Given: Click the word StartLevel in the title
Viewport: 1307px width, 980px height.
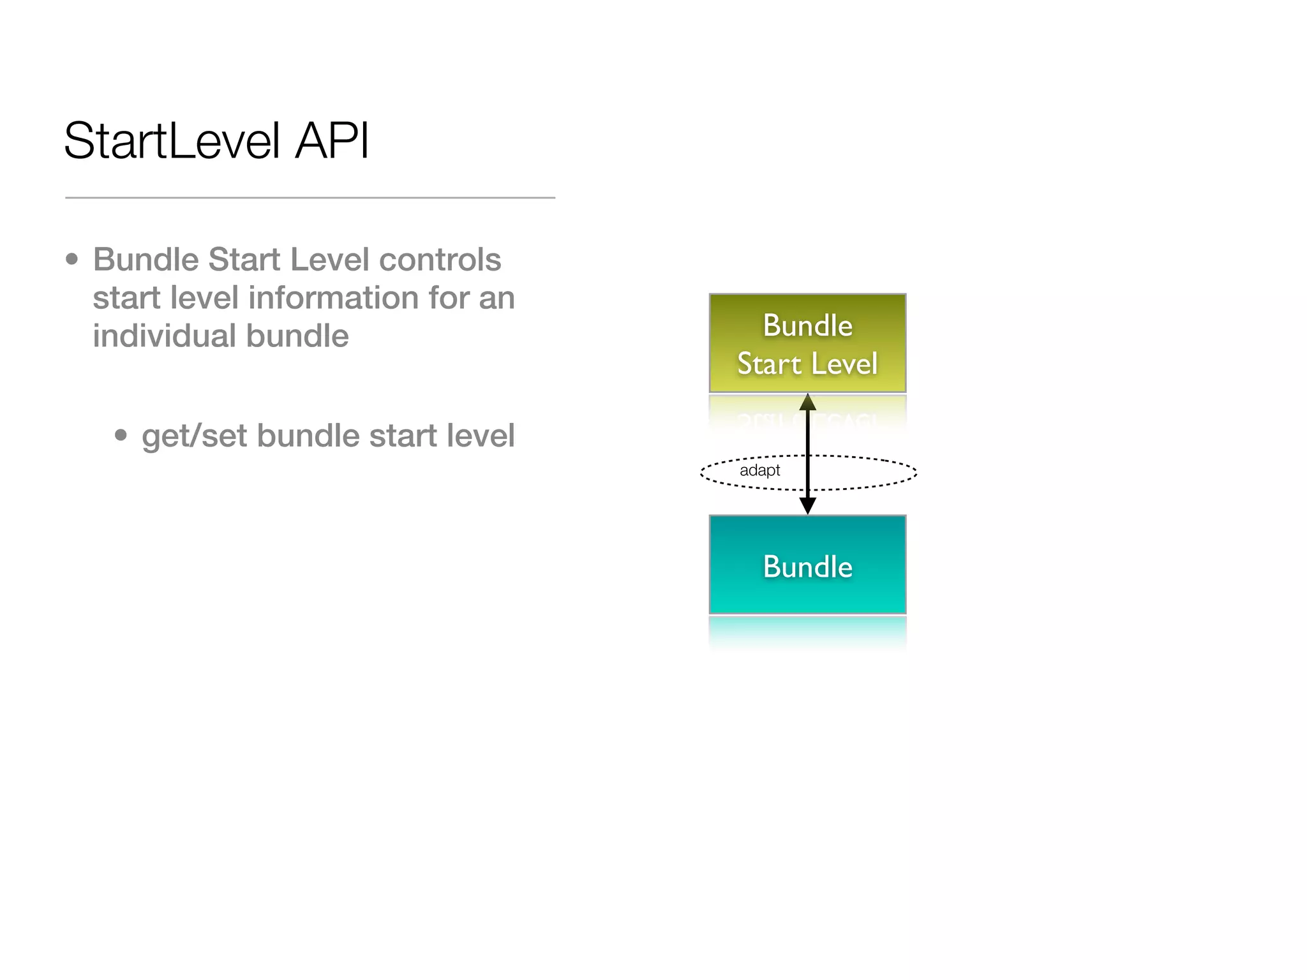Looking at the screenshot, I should click(172, 142).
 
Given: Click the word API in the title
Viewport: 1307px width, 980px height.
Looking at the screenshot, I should click(332, 142).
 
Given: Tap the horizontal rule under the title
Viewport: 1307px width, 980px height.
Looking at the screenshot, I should click(310, 198).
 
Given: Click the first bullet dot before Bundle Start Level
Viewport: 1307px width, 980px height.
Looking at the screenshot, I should click(72, 260).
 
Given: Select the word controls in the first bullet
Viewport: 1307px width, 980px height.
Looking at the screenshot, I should click(440, 260).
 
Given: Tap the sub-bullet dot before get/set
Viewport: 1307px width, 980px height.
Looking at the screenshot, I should click(121, 436).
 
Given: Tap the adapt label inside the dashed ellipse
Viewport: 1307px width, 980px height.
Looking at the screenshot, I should click(759, 471).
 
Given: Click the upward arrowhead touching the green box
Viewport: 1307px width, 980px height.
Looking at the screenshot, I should click(808, 402).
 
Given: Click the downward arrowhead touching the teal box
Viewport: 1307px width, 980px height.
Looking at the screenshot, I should click(808, 506).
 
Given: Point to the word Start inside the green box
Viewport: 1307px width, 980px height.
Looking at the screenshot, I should click(769, 364).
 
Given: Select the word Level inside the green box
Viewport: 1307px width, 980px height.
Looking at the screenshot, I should click(844, 364).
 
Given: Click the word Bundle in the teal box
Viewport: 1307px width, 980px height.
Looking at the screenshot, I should click(807, 567).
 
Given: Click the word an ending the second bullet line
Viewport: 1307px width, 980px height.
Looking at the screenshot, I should click(497, 298).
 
